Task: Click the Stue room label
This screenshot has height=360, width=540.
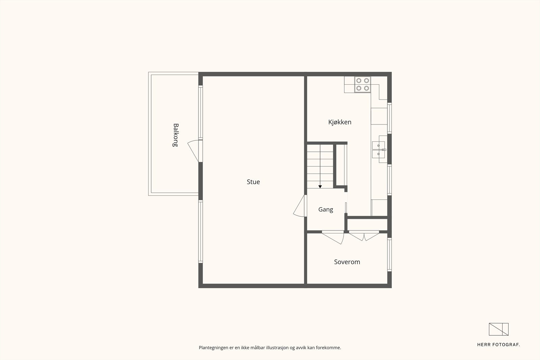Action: (253, 182)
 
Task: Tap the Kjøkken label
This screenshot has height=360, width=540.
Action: (340, 122)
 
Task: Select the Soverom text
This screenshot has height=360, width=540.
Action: (347, 262)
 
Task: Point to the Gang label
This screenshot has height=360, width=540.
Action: (326, 210)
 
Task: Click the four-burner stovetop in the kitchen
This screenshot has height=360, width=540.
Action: (362, 84)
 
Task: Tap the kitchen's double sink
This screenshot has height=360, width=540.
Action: (378, 150)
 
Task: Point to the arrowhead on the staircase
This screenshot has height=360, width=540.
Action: (320, 187)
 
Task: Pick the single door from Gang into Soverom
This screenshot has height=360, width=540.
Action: (333, 237)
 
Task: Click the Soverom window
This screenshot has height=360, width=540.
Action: (389, 254)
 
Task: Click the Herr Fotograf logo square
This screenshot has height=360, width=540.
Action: (498, 329)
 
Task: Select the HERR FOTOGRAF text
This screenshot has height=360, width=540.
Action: (498, 345)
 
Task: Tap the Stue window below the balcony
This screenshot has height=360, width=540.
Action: (200, 231)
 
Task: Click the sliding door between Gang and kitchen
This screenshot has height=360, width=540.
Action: (346, 203)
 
